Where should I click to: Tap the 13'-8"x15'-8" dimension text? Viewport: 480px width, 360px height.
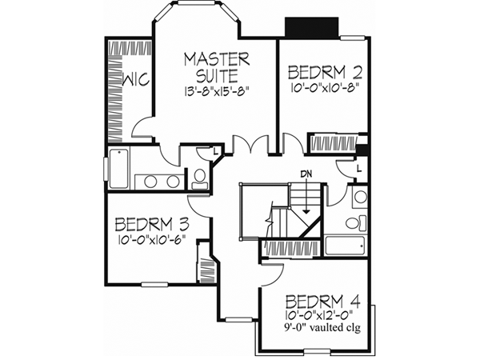click(217, 90)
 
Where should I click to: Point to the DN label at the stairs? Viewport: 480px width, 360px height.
click(306, 174)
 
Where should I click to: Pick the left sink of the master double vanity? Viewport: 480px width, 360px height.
click(150, 181)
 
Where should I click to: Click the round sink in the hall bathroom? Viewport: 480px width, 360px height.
click(360, 197)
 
